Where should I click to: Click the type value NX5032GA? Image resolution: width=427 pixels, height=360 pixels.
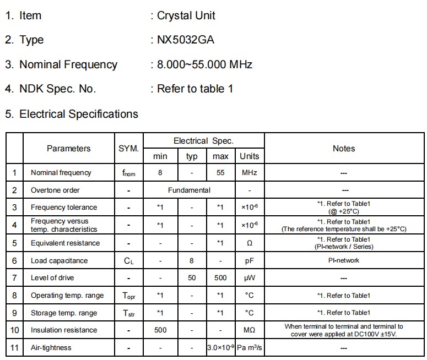(186, 40)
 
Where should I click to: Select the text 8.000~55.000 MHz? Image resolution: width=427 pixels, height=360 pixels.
(204, 64)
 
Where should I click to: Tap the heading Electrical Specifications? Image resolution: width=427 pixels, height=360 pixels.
(78, 114)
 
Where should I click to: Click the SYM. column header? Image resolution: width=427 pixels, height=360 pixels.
(128, 148)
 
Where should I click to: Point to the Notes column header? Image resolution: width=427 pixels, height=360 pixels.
(344, 148)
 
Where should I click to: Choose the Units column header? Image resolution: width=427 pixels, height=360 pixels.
(249, 156)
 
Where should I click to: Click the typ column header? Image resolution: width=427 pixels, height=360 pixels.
(192, 156)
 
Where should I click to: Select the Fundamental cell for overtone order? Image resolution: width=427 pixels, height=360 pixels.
(189, 190)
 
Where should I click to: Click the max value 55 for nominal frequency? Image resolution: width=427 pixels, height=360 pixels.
(220, 172)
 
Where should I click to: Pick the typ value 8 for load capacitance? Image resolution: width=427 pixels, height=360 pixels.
(192, 260)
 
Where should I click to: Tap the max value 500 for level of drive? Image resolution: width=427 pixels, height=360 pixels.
(220, 278)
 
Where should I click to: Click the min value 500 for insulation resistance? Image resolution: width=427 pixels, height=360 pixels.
(160, 330)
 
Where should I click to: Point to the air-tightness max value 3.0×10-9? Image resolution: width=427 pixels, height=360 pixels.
(220, 348)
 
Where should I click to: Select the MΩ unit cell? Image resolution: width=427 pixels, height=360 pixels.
(249, 330)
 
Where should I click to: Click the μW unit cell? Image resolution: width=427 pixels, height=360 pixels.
(249, 278)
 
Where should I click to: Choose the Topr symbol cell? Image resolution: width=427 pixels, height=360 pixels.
(128, 296)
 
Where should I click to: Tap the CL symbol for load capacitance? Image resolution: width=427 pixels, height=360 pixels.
(128, 260)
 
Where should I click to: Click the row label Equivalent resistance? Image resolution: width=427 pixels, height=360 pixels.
(65, 243)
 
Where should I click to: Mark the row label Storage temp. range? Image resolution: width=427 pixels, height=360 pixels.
(64, 313)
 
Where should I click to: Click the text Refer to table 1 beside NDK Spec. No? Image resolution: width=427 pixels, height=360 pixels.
(195, 89)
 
